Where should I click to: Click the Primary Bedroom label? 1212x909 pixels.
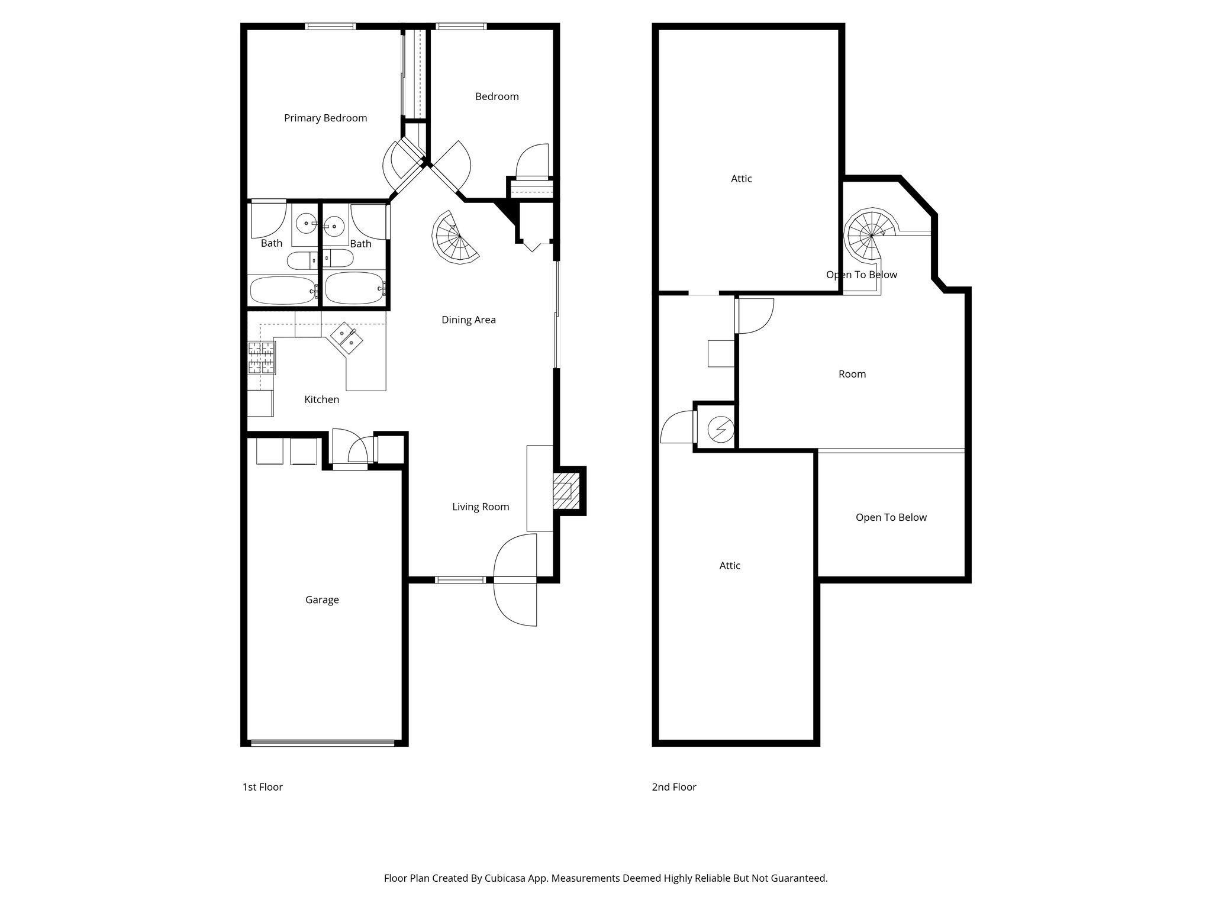tap(325, 118)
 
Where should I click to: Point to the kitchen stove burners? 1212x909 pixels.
tap(261, 357)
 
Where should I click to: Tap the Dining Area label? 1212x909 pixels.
tap(468, 320)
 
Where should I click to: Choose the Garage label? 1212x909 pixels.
tap(322, 600)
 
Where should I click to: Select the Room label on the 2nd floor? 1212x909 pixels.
tap(852, 374)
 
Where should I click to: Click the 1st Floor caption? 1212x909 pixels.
tap(262, 787)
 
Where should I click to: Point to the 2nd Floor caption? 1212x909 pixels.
tap(673, 787)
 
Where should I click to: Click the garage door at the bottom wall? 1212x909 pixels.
tap(323, 742)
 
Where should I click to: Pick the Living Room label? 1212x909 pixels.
tap(480, 507)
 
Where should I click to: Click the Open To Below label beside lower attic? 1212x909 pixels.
tap(891, 518)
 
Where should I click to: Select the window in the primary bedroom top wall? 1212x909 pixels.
tap(330, 26)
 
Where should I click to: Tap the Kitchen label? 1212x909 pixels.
tap(321, 400)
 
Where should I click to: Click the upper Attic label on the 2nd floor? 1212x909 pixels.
tap(741, 179)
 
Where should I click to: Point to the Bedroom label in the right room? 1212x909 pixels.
tap(497, 96)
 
